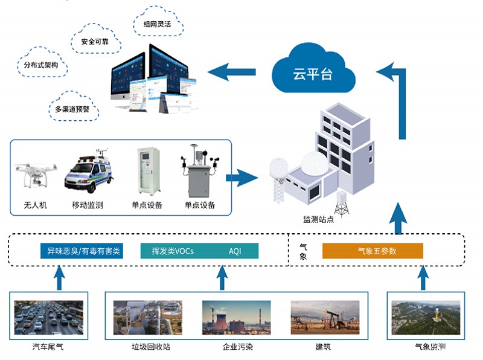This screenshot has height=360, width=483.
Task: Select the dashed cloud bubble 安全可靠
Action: tap(95, 42)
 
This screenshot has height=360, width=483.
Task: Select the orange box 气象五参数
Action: tap(372, 251)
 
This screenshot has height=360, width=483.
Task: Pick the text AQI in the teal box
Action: tap(235, 251)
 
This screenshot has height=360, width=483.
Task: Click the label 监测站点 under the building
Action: tap(318, 219)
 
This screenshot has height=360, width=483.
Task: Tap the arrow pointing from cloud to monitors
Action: tap(232, 71)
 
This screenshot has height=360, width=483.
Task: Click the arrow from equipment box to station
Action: tap(242, 178)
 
